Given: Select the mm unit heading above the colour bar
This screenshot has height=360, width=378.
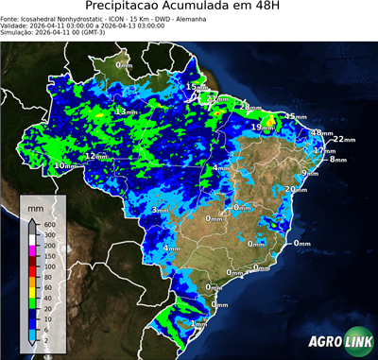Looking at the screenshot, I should coord(35,207).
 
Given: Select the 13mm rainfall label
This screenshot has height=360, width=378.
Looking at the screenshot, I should coord(124,112).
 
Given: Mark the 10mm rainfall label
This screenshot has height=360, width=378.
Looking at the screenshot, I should coord(63,166).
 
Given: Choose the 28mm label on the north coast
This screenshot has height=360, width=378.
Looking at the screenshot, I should coord(247,107).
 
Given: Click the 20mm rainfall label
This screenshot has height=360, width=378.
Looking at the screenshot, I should coord(293,189).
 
